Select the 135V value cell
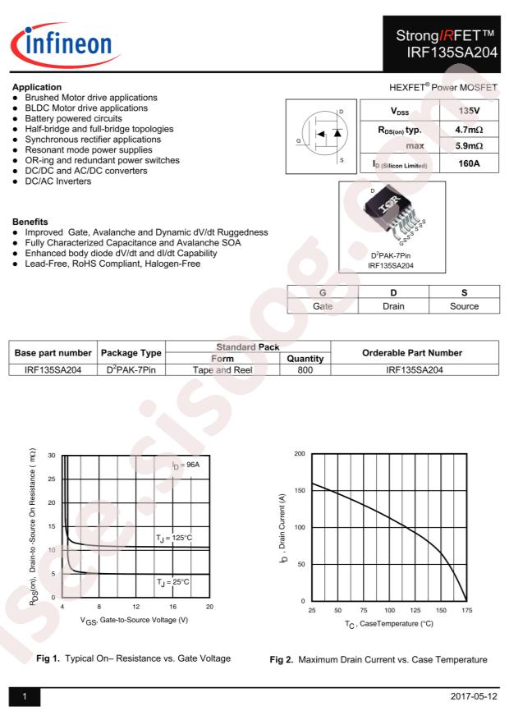[469, 110]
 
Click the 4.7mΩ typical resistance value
[469, 128]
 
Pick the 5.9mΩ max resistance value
[469, 145]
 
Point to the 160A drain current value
[469, 164]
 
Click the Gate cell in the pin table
[323, 305]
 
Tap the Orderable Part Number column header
[415, 352]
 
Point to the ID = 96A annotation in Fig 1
[186, 465]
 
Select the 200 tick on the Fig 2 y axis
[299, 453]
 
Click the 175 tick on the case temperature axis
[466, 611]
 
